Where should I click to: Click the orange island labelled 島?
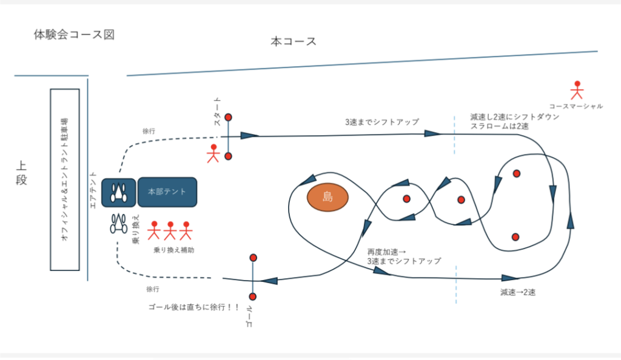328,197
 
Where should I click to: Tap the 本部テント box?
167,192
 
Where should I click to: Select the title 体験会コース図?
74,35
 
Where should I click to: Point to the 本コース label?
294,42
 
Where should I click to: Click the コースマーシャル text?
576,106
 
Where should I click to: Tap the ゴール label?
247,315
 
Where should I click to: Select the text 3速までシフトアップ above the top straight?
382,122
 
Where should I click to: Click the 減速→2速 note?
518,292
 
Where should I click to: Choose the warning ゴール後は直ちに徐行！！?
193,307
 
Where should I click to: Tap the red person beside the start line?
213,153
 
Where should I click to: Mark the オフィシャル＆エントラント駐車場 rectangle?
64,179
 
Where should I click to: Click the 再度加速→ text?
386,251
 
